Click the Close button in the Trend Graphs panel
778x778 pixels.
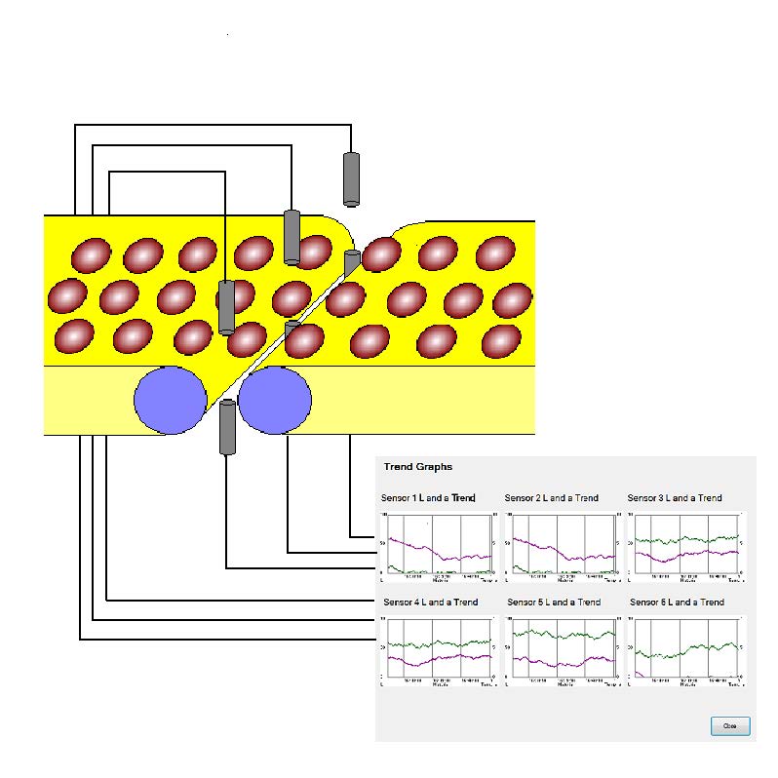point(730,725)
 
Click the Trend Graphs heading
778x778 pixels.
point(417,467)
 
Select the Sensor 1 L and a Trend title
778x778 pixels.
point(429,498)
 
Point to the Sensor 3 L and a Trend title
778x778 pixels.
point(675,498)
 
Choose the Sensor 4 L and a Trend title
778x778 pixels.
point(431,603)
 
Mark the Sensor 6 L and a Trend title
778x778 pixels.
point(677,603)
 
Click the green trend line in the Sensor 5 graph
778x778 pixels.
point(556,634)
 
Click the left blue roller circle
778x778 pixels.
point(171,400)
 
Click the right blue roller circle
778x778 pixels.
point(275,400)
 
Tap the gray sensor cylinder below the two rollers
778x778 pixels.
point(227,427)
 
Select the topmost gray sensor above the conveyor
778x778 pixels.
point(351,178)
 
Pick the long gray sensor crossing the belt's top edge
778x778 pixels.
point(292,236)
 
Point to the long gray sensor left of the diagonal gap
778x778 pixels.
point(226,307)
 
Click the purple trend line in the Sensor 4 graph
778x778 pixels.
point(429,660)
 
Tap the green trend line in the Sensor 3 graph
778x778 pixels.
point(682,538)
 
